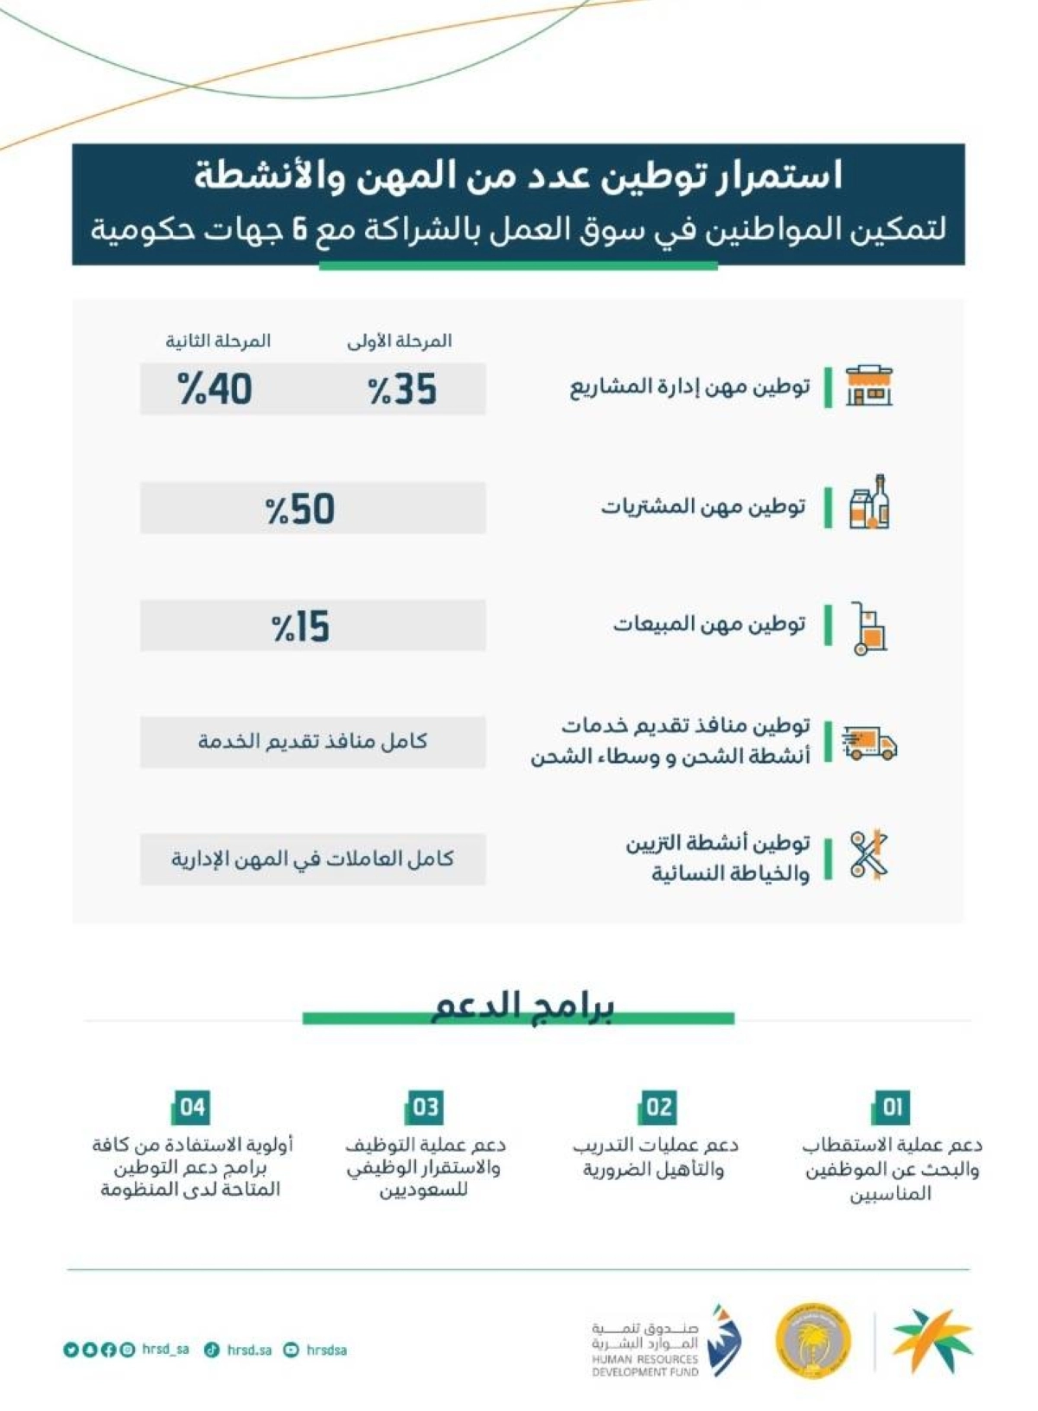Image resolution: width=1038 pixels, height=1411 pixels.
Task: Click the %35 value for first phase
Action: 402,389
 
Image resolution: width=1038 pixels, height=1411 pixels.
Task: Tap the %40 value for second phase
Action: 215,389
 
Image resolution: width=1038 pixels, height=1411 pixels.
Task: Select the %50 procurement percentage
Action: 300,508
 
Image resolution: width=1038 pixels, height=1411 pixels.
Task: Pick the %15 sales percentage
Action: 300,626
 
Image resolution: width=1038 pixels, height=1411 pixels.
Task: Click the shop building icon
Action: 868,386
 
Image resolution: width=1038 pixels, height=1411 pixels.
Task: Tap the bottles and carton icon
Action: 869,503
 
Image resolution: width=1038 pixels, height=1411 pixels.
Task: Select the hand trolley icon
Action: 868,628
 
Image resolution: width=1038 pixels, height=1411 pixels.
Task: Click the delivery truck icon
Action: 868,743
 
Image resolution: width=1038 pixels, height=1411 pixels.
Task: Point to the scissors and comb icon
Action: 868,856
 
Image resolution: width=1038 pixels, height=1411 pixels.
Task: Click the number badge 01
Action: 891,1107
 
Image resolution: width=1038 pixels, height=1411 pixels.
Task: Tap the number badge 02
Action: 658,1107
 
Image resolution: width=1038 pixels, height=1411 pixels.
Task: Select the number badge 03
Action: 425,1107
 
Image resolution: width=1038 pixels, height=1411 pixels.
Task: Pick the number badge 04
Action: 192,1107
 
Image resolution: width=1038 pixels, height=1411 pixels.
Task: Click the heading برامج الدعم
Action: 522,1007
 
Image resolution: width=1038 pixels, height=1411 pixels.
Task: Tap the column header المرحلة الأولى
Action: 400,341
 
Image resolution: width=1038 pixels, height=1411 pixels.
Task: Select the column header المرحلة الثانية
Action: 218,341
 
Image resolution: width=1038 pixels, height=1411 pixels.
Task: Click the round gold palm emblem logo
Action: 812,1341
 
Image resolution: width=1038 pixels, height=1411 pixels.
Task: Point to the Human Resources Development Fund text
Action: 644,1365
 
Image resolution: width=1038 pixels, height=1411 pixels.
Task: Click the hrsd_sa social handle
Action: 165,1349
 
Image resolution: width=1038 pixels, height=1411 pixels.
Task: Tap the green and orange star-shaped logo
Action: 932,1340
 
